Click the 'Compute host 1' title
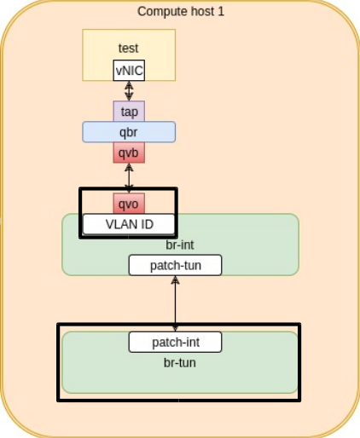click(x=181, y=12)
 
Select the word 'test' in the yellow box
click(x=129, y=49)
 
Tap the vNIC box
click(x=129, y=71)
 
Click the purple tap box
click(x=129, y=112)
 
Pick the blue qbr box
click(x=129, y=132)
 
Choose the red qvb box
click(x=129, y=153)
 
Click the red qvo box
click(x=129, y=204)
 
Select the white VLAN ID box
click(x=129, y=224)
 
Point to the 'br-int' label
click(x=180, y=245)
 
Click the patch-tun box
click(x=175, y=265)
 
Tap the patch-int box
click(x=175, y=342)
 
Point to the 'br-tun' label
click(x=180, y=363)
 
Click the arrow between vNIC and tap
click(x=129, y=91)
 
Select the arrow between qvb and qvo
click(x=129, y=178)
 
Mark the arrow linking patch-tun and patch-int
click(x=175, y=303)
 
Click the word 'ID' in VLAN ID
click(x=147, y=224)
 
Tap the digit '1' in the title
click(x=221, y=12)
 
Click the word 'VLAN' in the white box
click(x=122, y=224)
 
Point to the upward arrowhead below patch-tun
click(x=175, y=280)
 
